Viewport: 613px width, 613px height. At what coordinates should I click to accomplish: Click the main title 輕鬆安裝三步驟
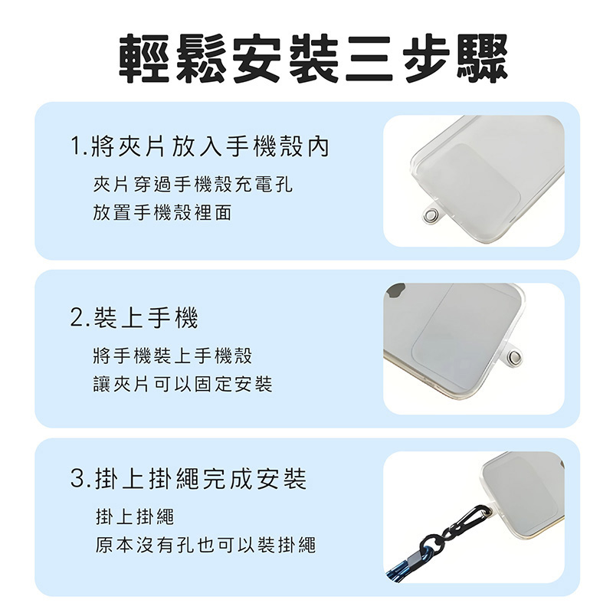(313, 59)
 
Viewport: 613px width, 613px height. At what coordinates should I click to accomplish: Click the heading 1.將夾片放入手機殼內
(200, 146)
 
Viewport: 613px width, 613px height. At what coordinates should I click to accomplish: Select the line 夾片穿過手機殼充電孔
(193, 184)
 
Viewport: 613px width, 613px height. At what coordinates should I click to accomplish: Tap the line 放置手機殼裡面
(162, 212)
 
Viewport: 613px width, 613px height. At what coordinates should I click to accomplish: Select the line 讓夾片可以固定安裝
(182, 384)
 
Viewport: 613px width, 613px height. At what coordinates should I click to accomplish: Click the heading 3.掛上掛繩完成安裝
(188, 478)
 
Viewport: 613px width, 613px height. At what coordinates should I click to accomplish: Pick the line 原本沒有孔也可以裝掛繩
(205, 545)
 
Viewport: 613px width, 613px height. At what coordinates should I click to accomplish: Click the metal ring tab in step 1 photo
(431, 215)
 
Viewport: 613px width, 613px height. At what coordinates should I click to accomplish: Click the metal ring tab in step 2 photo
(514, 356)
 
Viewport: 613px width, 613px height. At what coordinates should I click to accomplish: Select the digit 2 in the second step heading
(77, 317)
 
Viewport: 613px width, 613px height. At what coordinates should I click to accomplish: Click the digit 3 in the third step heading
(77, 479)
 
